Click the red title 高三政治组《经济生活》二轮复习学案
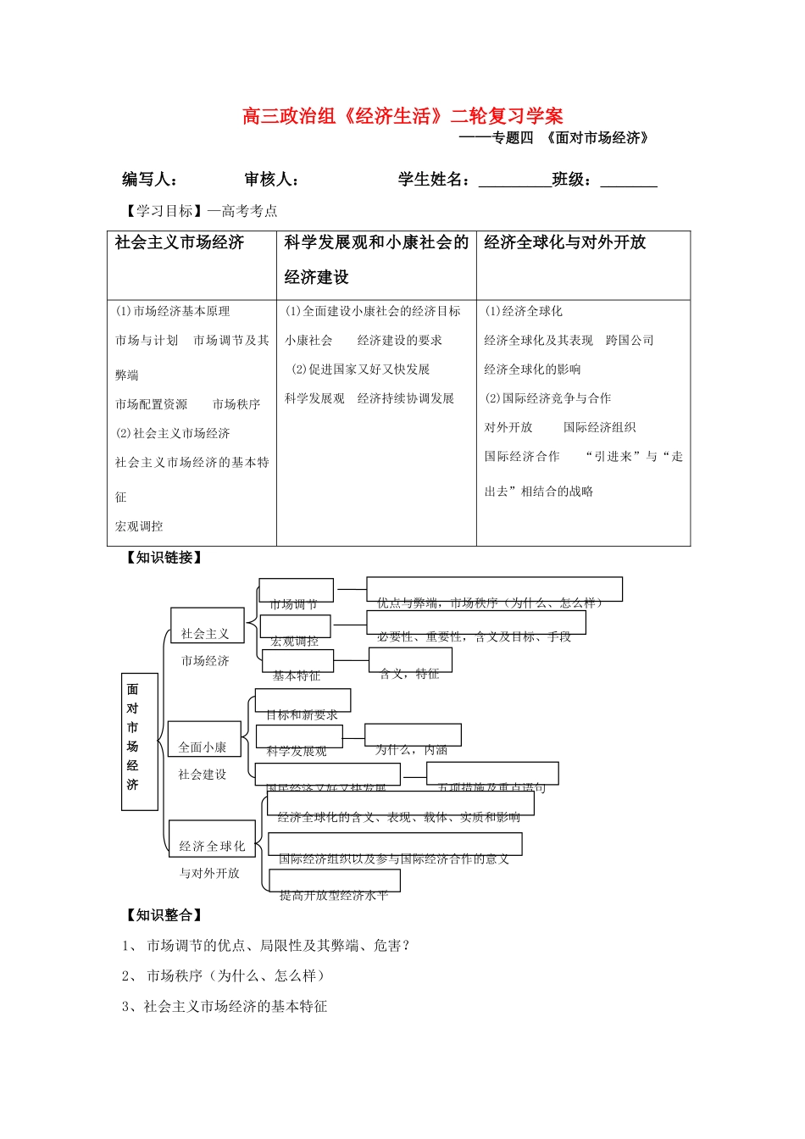coord(402,116)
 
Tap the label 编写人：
coord(149,180)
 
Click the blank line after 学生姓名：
coord(514,181)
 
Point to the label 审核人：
coord(271,180)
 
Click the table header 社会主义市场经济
coord(180,243)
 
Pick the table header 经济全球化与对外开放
coord(564,243)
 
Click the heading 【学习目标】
coord(159,211)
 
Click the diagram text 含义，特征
coord(410,673)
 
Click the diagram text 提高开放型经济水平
coord(334,894)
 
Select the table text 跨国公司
coord(630,341)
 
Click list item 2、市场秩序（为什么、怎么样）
coord(224,976)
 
